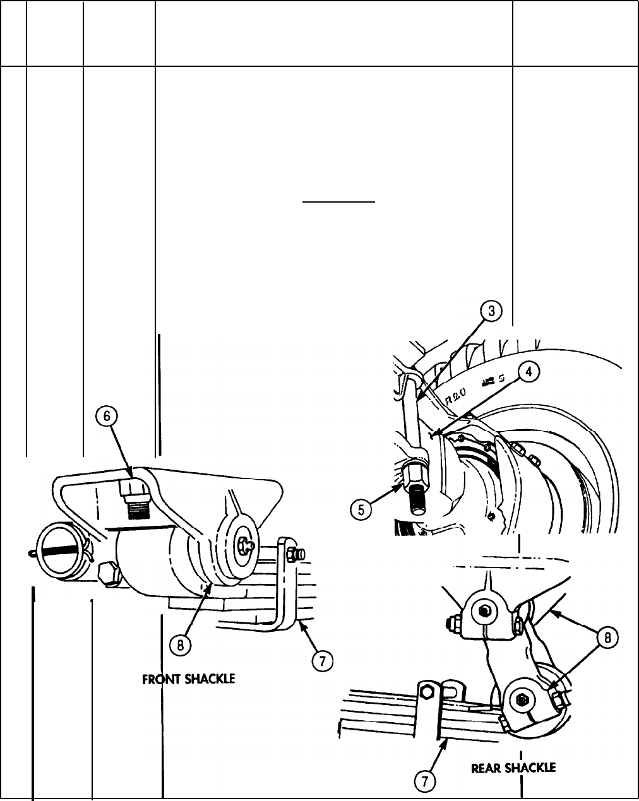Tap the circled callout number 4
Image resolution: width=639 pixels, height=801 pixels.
click(529, 372)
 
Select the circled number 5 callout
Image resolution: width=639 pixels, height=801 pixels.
click(361, 509)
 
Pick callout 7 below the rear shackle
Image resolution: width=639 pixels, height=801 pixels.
click(425, 782)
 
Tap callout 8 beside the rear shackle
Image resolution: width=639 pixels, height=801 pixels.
click(607, 638)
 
